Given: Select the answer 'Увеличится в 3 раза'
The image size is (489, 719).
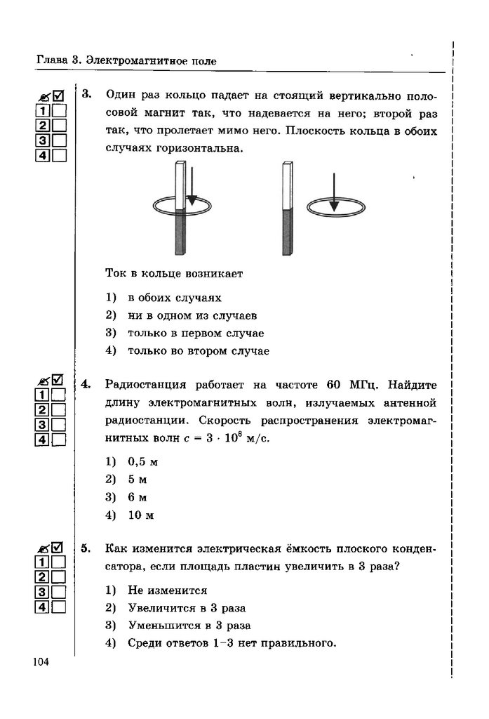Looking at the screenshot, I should pyautogui.click(x=187, y=607).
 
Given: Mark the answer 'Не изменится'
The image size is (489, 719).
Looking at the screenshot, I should pyautogui.click(x=168, y=590).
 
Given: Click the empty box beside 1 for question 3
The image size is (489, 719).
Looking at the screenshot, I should pyautogui.click(x=59, y=110).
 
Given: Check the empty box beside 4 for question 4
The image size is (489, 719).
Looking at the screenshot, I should pyautogui.click(x=59, y=440).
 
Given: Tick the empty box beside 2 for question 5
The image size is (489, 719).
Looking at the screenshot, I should pyautogui.click(x=59, y=576).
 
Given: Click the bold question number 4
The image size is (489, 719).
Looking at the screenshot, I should pyautogui.click(x=86, y=385).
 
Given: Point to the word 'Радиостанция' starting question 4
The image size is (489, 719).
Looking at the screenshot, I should pyautogui.click(x=145, y=385).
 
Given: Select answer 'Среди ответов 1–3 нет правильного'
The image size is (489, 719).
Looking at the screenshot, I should pyautogui.click(x=229, y=642).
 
